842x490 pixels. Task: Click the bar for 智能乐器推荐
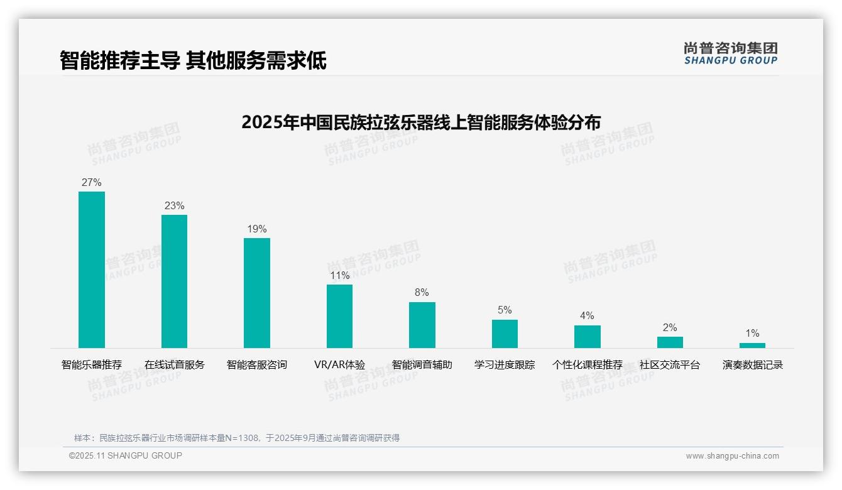(92, 269)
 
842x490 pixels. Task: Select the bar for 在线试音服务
(174, 281)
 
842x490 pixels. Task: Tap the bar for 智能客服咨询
(257, 293)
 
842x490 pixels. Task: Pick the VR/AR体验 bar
(339, 316)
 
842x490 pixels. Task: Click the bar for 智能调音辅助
(422, 325)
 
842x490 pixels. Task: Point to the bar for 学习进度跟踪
(505, 334)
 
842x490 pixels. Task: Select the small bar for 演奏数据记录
(752, 345)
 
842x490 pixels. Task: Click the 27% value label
(92, 183)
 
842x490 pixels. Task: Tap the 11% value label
(339, 276)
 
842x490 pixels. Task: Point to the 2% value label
(670, 328)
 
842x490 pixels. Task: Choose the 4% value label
(587, 316)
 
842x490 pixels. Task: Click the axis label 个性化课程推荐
(587, 365)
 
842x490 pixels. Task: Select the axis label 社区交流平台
(670, 365)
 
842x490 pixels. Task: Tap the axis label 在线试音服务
(174, 365)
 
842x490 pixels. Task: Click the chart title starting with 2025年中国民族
(421, 122)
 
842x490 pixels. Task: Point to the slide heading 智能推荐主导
(120, 61)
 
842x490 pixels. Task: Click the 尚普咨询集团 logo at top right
(730, 53)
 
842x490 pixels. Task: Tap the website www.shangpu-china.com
(732, 456)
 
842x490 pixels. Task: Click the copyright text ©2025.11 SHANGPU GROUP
(126, 456)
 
